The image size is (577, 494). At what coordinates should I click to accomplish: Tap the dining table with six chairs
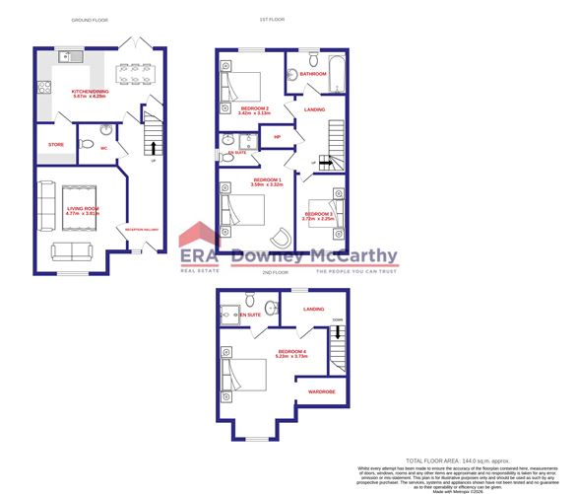click(133, 76)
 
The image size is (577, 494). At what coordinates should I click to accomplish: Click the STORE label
click(55, 145)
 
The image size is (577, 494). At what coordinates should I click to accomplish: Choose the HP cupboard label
click(278, 137)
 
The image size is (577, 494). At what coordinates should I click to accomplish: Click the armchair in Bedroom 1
click(283, 236)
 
